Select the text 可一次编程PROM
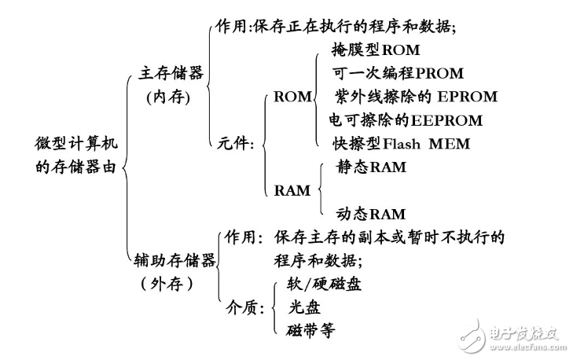click(399, 73)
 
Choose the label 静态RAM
click(371, 167)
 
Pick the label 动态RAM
click(371, 213)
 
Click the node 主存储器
click(171, 73)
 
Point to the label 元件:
click(234, 143)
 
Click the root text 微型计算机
click(76, 144)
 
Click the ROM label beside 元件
click(292, 97)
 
